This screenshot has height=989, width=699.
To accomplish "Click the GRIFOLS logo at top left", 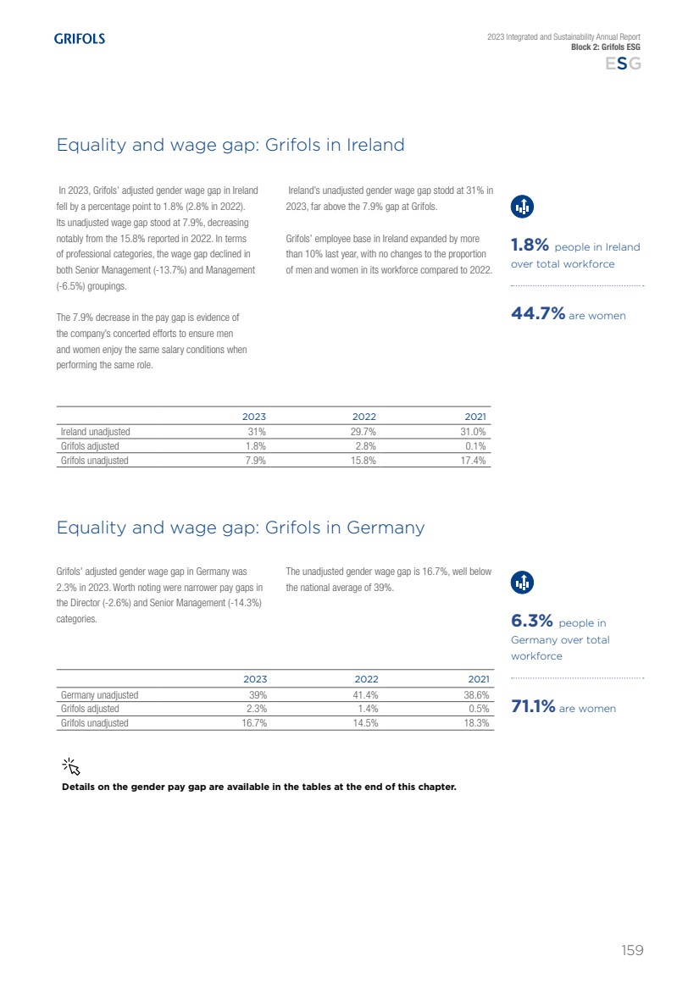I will pos(80,39).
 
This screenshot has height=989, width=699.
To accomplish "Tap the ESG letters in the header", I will pos(623,64).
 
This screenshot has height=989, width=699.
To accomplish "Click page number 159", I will pos(632,950).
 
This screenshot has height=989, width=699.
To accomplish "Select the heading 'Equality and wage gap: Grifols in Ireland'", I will pos(230,145).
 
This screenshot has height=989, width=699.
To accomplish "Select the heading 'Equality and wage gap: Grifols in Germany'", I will pos(240,528).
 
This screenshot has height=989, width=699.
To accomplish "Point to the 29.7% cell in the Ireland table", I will pos(364,432).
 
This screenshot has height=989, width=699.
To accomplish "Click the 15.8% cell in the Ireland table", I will pos(364,461).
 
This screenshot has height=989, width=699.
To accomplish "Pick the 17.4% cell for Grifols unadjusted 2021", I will pos(474,461).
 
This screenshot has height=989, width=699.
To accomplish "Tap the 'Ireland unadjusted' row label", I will pos(96,432).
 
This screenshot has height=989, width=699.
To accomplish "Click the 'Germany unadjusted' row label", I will pos(100,695).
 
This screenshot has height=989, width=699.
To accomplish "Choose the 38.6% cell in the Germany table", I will pos(478,695).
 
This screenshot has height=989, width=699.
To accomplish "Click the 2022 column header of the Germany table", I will pos(366,679).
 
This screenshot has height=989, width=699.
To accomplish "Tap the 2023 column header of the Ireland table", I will pos(254,417).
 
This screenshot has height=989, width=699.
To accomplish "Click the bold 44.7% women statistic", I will pos(538,314).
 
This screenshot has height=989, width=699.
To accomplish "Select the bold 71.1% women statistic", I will pos(533,707).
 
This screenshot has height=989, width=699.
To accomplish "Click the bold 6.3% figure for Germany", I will pos(531,622).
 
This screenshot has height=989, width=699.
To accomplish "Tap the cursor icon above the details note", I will pos(71,766).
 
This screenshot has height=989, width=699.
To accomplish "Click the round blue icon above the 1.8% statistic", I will pos(523,206).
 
